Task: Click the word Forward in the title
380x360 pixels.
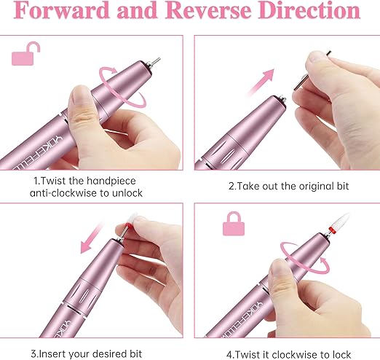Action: [x=61, y=10]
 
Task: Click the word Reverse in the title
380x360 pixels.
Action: [x=208, y=10]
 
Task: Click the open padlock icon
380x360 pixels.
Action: [x=25, y=54]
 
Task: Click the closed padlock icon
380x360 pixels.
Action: [x=234, y=224]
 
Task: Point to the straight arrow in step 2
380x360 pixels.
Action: [x=260, y=82]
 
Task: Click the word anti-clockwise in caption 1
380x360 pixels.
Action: [x=63, y=193]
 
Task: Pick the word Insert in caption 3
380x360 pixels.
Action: [x=52, y=353]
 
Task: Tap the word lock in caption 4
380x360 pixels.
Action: [x=341, y=355]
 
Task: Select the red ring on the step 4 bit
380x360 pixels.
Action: [x=332, y=230]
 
